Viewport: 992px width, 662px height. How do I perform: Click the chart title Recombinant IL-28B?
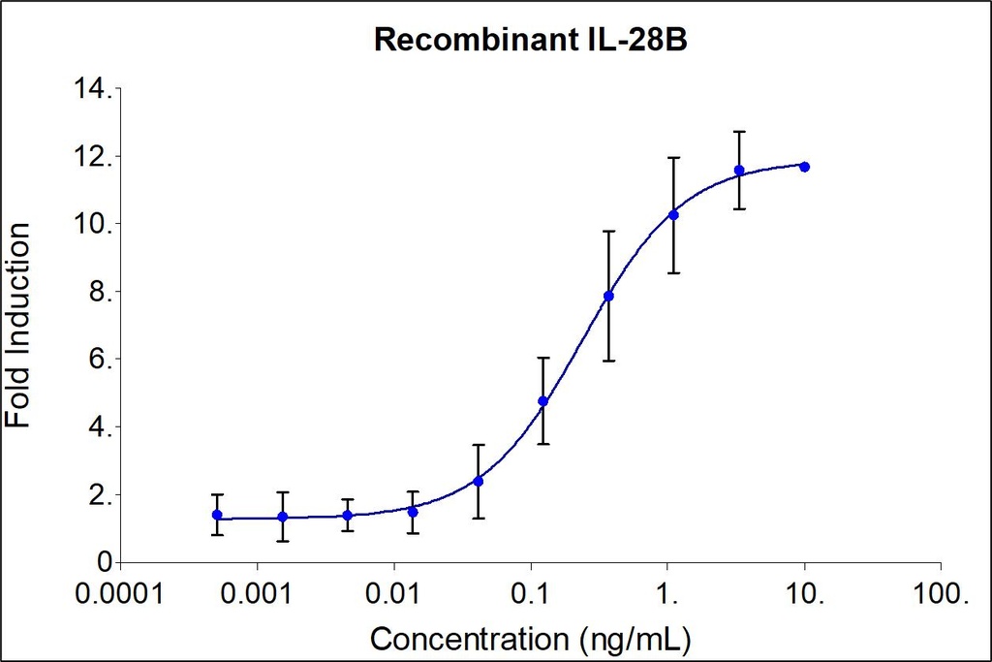click(531, 41)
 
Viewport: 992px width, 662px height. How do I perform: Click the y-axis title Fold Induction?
click(18, 325)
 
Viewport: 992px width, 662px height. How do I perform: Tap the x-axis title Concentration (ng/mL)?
click(531, 640)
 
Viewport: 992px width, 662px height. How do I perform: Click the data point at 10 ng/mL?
click(804, 167)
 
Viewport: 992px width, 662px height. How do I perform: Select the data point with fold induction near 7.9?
click(608, 296)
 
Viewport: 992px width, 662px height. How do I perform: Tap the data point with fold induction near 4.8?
click(543, 401)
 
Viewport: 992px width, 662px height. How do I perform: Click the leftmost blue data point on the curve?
click(217, 515)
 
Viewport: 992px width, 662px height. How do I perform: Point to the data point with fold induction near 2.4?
click(478, 481)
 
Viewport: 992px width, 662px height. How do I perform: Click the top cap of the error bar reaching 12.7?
click(739, 131)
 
